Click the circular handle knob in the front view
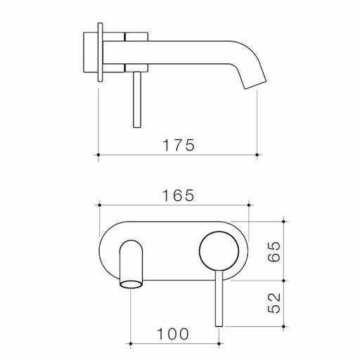215,251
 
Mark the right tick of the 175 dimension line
259,153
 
